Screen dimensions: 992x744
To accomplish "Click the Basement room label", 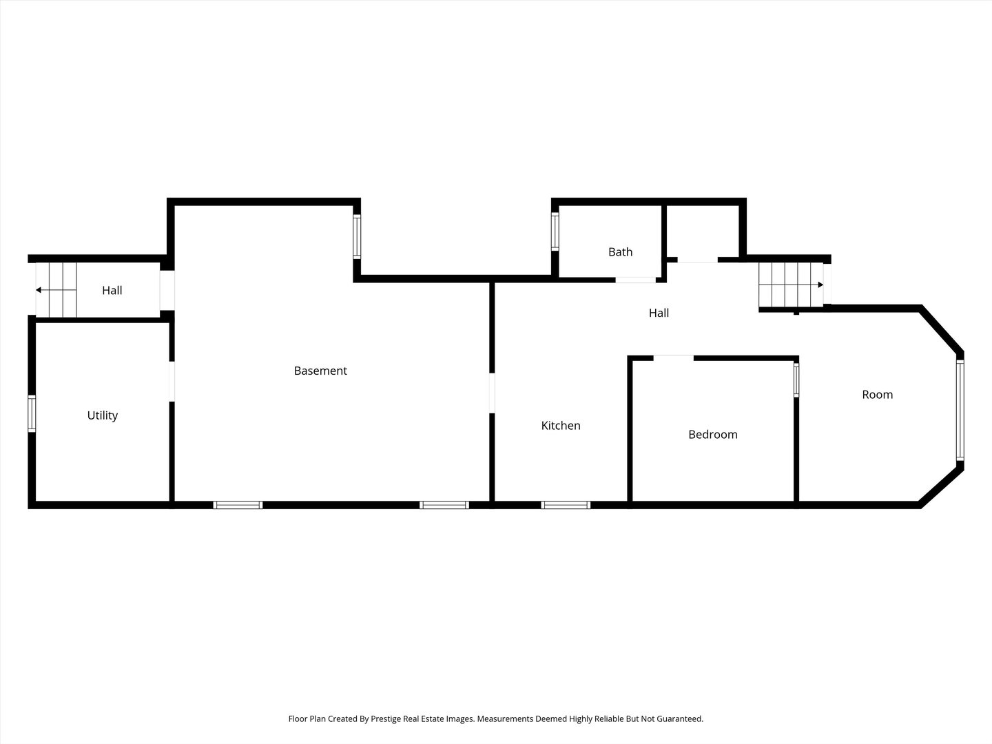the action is click(x=320, y=371).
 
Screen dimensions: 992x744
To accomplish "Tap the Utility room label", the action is click(x=103, y=415).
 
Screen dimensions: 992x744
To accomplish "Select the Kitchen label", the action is click(x=561, y=426).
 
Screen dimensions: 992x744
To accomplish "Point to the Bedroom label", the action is click(x=713, y=435).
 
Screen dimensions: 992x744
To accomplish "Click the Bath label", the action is click(x=620, y=252).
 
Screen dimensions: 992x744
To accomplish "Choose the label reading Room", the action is click(x=877, y=395).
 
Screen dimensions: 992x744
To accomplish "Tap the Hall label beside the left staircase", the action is click(x=112, y=291).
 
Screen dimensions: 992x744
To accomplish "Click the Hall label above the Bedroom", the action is click(x=659, y=313).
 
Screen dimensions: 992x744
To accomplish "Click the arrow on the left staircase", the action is click(x=56, y=290).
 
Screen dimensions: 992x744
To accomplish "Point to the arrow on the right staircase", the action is click(x=791, y=285).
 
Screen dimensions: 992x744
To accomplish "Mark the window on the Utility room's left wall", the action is click(x=32, y=413).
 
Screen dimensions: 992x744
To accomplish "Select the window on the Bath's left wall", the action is click(x=555, y=231).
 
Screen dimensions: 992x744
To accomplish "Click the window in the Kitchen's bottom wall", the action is click(x=566, y=505).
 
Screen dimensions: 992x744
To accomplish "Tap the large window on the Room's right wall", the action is click(x=960, y=410).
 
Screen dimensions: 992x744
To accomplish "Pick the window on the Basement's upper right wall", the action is click(x=357, y=237).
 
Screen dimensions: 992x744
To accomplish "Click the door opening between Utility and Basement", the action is click(x=172, y=381).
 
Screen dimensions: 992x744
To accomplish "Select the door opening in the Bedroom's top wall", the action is click(x=673, y=358).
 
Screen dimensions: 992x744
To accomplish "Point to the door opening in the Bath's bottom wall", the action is click(x=635, y=280).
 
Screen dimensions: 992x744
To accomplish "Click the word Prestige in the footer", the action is click(x=386, y=719).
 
